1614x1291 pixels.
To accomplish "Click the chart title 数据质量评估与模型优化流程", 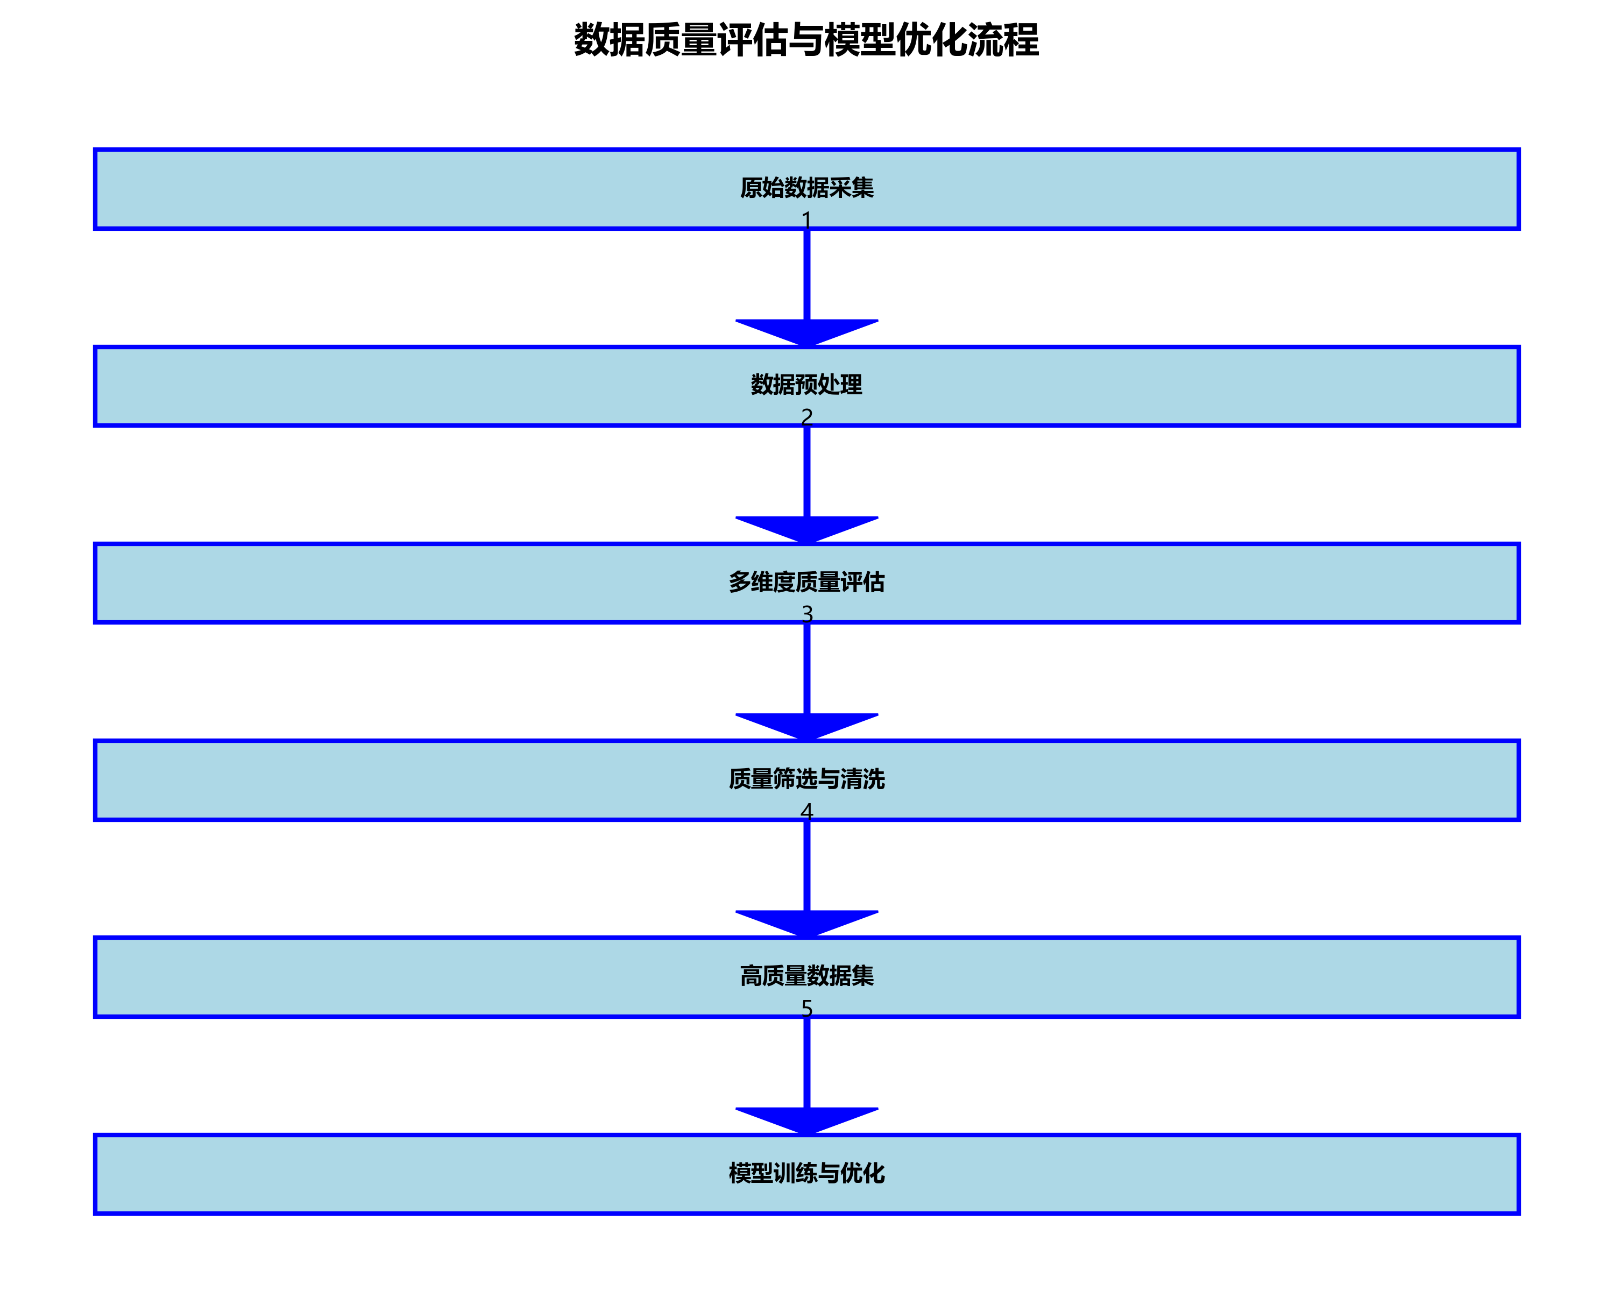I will [x=806, y=40].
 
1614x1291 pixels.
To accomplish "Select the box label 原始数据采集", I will [x=806, y=187].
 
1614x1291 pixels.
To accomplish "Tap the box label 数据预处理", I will [x=806, y=385].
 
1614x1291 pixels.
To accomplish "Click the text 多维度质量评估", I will [x=806, y=581].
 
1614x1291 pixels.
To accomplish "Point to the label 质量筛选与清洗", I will [x=806, y=779].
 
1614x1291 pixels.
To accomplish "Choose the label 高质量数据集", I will [x=806, y=976].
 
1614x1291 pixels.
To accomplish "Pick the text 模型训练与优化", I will [x=806, y=1173].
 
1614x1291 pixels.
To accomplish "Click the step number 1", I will [x=806, y=219].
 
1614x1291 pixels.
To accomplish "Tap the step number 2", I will [x=806, y=416].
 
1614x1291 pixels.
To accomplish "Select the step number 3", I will [x=806, y=614].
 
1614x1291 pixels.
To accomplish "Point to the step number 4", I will [x=806, y=811].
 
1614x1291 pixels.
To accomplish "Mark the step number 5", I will [x=806, y=1008].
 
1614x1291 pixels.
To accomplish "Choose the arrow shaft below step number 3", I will [x=806, y=669].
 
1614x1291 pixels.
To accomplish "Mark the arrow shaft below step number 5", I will [x=806, y=1063].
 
